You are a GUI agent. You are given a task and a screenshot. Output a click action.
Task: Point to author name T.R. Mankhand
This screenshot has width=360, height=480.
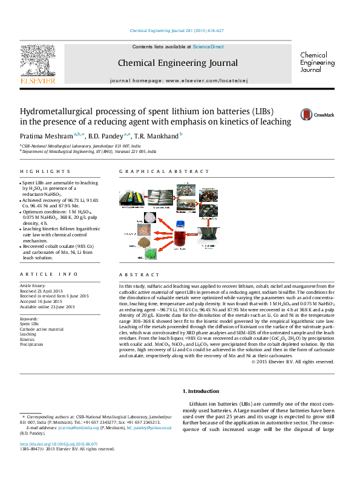pos(157,135)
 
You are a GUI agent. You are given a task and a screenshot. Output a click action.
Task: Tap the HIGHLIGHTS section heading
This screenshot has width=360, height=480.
pos(39,172)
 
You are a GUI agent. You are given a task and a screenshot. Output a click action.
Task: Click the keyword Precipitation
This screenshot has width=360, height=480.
pos(32,344)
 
